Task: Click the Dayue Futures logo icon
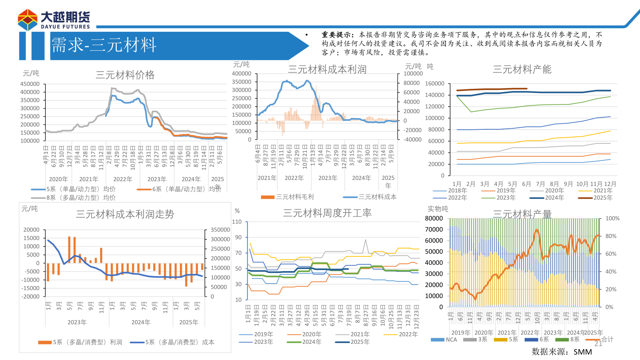point(28,20)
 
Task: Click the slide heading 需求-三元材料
point(104,45)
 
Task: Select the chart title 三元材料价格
point(125,75)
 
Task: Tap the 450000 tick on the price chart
point(30,84)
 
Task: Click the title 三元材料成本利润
point(327,69)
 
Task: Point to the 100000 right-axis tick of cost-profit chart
point(413,74)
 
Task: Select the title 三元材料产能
point(522,69)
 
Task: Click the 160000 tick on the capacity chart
point(434,84)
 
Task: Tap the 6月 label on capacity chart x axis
point(526,184)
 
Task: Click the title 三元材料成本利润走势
point(125,214)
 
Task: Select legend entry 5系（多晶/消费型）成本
point(179,342)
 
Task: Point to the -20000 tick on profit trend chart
point(31,297)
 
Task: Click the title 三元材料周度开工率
point(327,213)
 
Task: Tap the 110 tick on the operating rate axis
point(237,222)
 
